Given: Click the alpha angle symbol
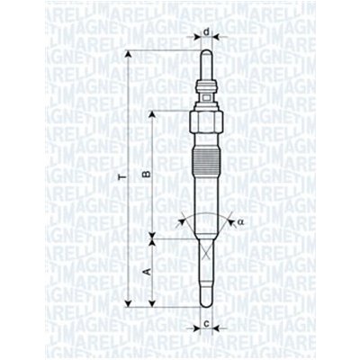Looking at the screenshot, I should click(x=242, y=222).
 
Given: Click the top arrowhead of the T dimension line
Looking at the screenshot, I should click(x=130, y=54).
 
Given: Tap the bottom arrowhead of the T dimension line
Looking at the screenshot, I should click(x=130, y=303).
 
